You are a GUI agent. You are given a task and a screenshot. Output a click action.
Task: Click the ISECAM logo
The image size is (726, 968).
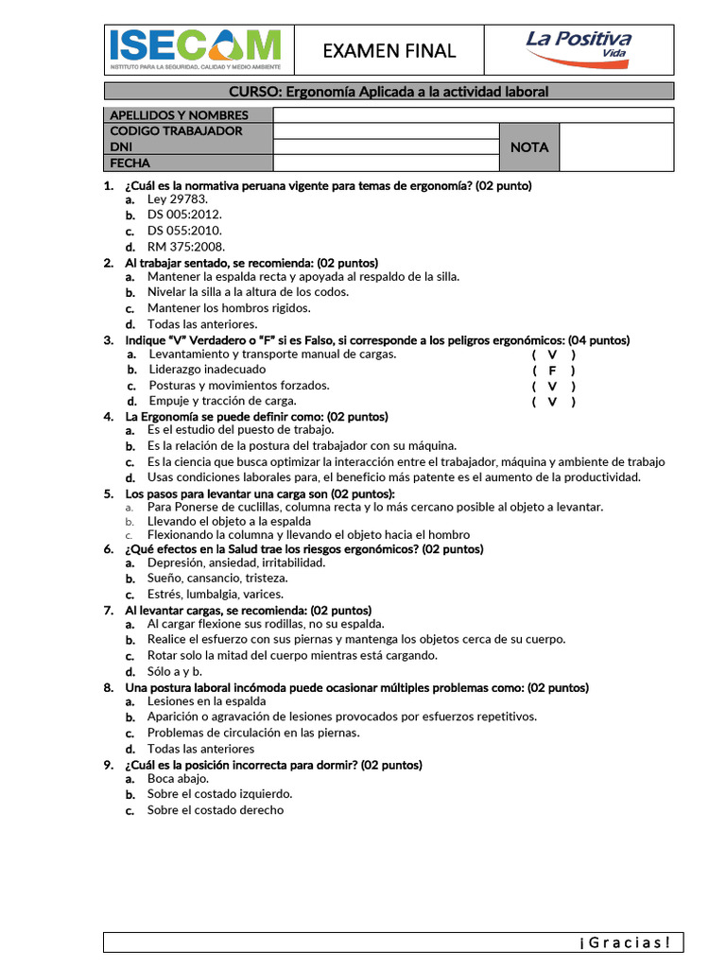196,49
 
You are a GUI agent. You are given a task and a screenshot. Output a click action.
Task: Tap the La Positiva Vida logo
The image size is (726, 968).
579,44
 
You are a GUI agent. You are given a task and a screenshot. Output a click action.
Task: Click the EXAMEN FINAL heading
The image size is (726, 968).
389,51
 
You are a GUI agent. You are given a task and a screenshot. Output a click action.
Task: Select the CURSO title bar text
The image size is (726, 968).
389,92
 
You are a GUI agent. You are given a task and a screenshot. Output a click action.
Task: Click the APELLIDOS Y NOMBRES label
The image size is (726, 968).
180,115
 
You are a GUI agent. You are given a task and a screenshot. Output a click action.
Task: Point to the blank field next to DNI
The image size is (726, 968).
385,147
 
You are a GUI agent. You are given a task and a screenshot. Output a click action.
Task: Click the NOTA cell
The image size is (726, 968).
528,147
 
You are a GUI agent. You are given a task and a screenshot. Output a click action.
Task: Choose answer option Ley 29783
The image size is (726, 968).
177,200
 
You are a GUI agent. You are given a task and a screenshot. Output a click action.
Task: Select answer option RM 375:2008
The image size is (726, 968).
186,247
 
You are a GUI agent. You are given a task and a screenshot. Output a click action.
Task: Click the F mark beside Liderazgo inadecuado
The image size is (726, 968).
553,371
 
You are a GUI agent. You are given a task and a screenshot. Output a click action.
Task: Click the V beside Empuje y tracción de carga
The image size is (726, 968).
553,402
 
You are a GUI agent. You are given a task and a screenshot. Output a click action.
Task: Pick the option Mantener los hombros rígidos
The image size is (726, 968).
228,308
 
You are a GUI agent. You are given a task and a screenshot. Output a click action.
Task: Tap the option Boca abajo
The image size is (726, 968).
178,779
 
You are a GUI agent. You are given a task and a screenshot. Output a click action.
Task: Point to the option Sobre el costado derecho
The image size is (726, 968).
215,810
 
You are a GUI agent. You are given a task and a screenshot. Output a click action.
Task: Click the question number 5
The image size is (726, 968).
109,494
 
